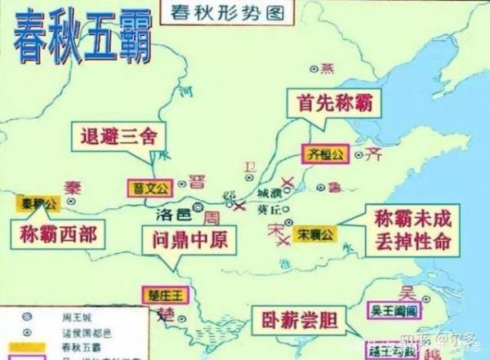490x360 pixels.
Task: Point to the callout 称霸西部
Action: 57,235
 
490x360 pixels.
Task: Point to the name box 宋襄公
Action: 315,234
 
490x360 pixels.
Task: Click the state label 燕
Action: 328,67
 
